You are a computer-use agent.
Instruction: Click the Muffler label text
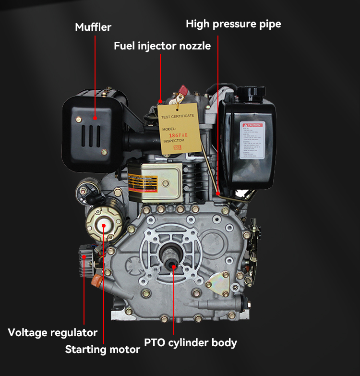tap(93, 27)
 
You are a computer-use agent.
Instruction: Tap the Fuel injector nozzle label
tap(162, 46)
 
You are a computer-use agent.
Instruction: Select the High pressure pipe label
tap(233, 24)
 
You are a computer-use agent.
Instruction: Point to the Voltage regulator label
tap(53, 332)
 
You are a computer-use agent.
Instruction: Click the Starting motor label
tap(102, 349)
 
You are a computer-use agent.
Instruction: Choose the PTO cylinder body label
tap(191, 342)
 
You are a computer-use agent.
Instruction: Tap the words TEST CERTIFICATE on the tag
tap(178, 116)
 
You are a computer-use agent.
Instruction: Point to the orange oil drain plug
tap(96, 279)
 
